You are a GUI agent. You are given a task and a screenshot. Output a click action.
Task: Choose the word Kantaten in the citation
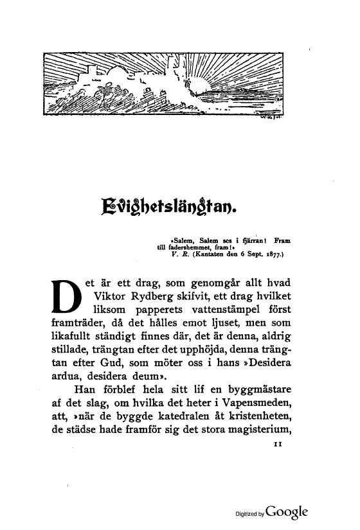pyautogui.click(x=206, y=254)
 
